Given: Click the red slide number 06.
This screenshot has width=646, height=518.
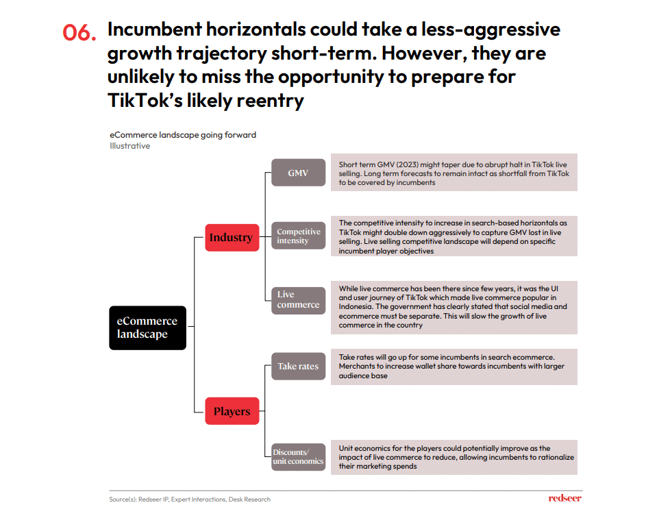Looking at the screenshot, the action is (x=79, y=32).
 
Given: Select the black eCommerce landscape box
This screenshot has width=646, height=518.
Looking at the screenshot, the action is (x=147, y=328).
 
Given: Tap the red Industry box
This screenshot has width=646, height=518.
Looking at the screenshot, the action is (x=232, y=237).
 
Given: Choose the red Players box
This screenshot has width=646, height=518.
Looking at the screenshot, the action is (x=232, y=411).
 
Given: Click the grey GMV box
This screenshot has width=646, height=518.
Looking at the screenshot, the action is (x=298, y=173).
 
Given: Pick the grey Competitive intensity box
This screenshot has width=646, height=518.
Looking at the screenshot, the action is (x=298, y=236).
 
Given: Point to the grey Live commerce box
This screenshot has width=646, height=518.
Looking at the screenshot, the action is (x=298, y=300).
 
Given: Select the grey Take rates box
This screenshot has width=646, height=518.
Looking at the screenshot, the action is (x=298, y=366).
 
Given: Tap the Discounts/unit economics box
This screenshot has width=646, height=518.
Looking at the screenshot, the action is (x=298, y=456).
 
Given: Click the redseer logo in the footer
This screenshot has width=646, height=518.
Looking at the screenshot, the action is (x=565, y=498).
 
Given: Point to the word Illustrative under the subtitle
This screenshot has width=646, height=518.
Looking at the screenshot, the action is (x=129, y=146).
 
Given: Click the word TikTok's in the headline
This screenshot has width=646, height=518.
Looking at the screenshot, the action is (x=145, y=100).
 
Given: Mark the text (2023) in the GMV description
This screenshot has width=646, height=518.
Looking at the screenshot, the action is (x=408, y=164).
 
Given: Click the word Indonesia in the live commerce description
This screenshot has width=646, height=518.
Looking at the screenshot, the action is (x=356, y=306).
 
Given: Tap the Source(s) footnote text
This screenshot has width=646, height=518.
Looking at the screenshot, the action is (x=190, y=499).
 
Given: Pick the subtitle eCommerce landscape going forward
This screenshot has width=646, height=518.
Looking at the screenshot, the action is (x=183, y=135).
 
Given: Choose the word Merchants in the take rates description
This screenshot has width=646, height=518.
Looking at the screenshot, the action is (x=357, y=367).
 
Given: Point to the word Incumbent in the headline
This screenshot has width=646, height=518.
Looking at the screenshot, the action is (x=155, y=29).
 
